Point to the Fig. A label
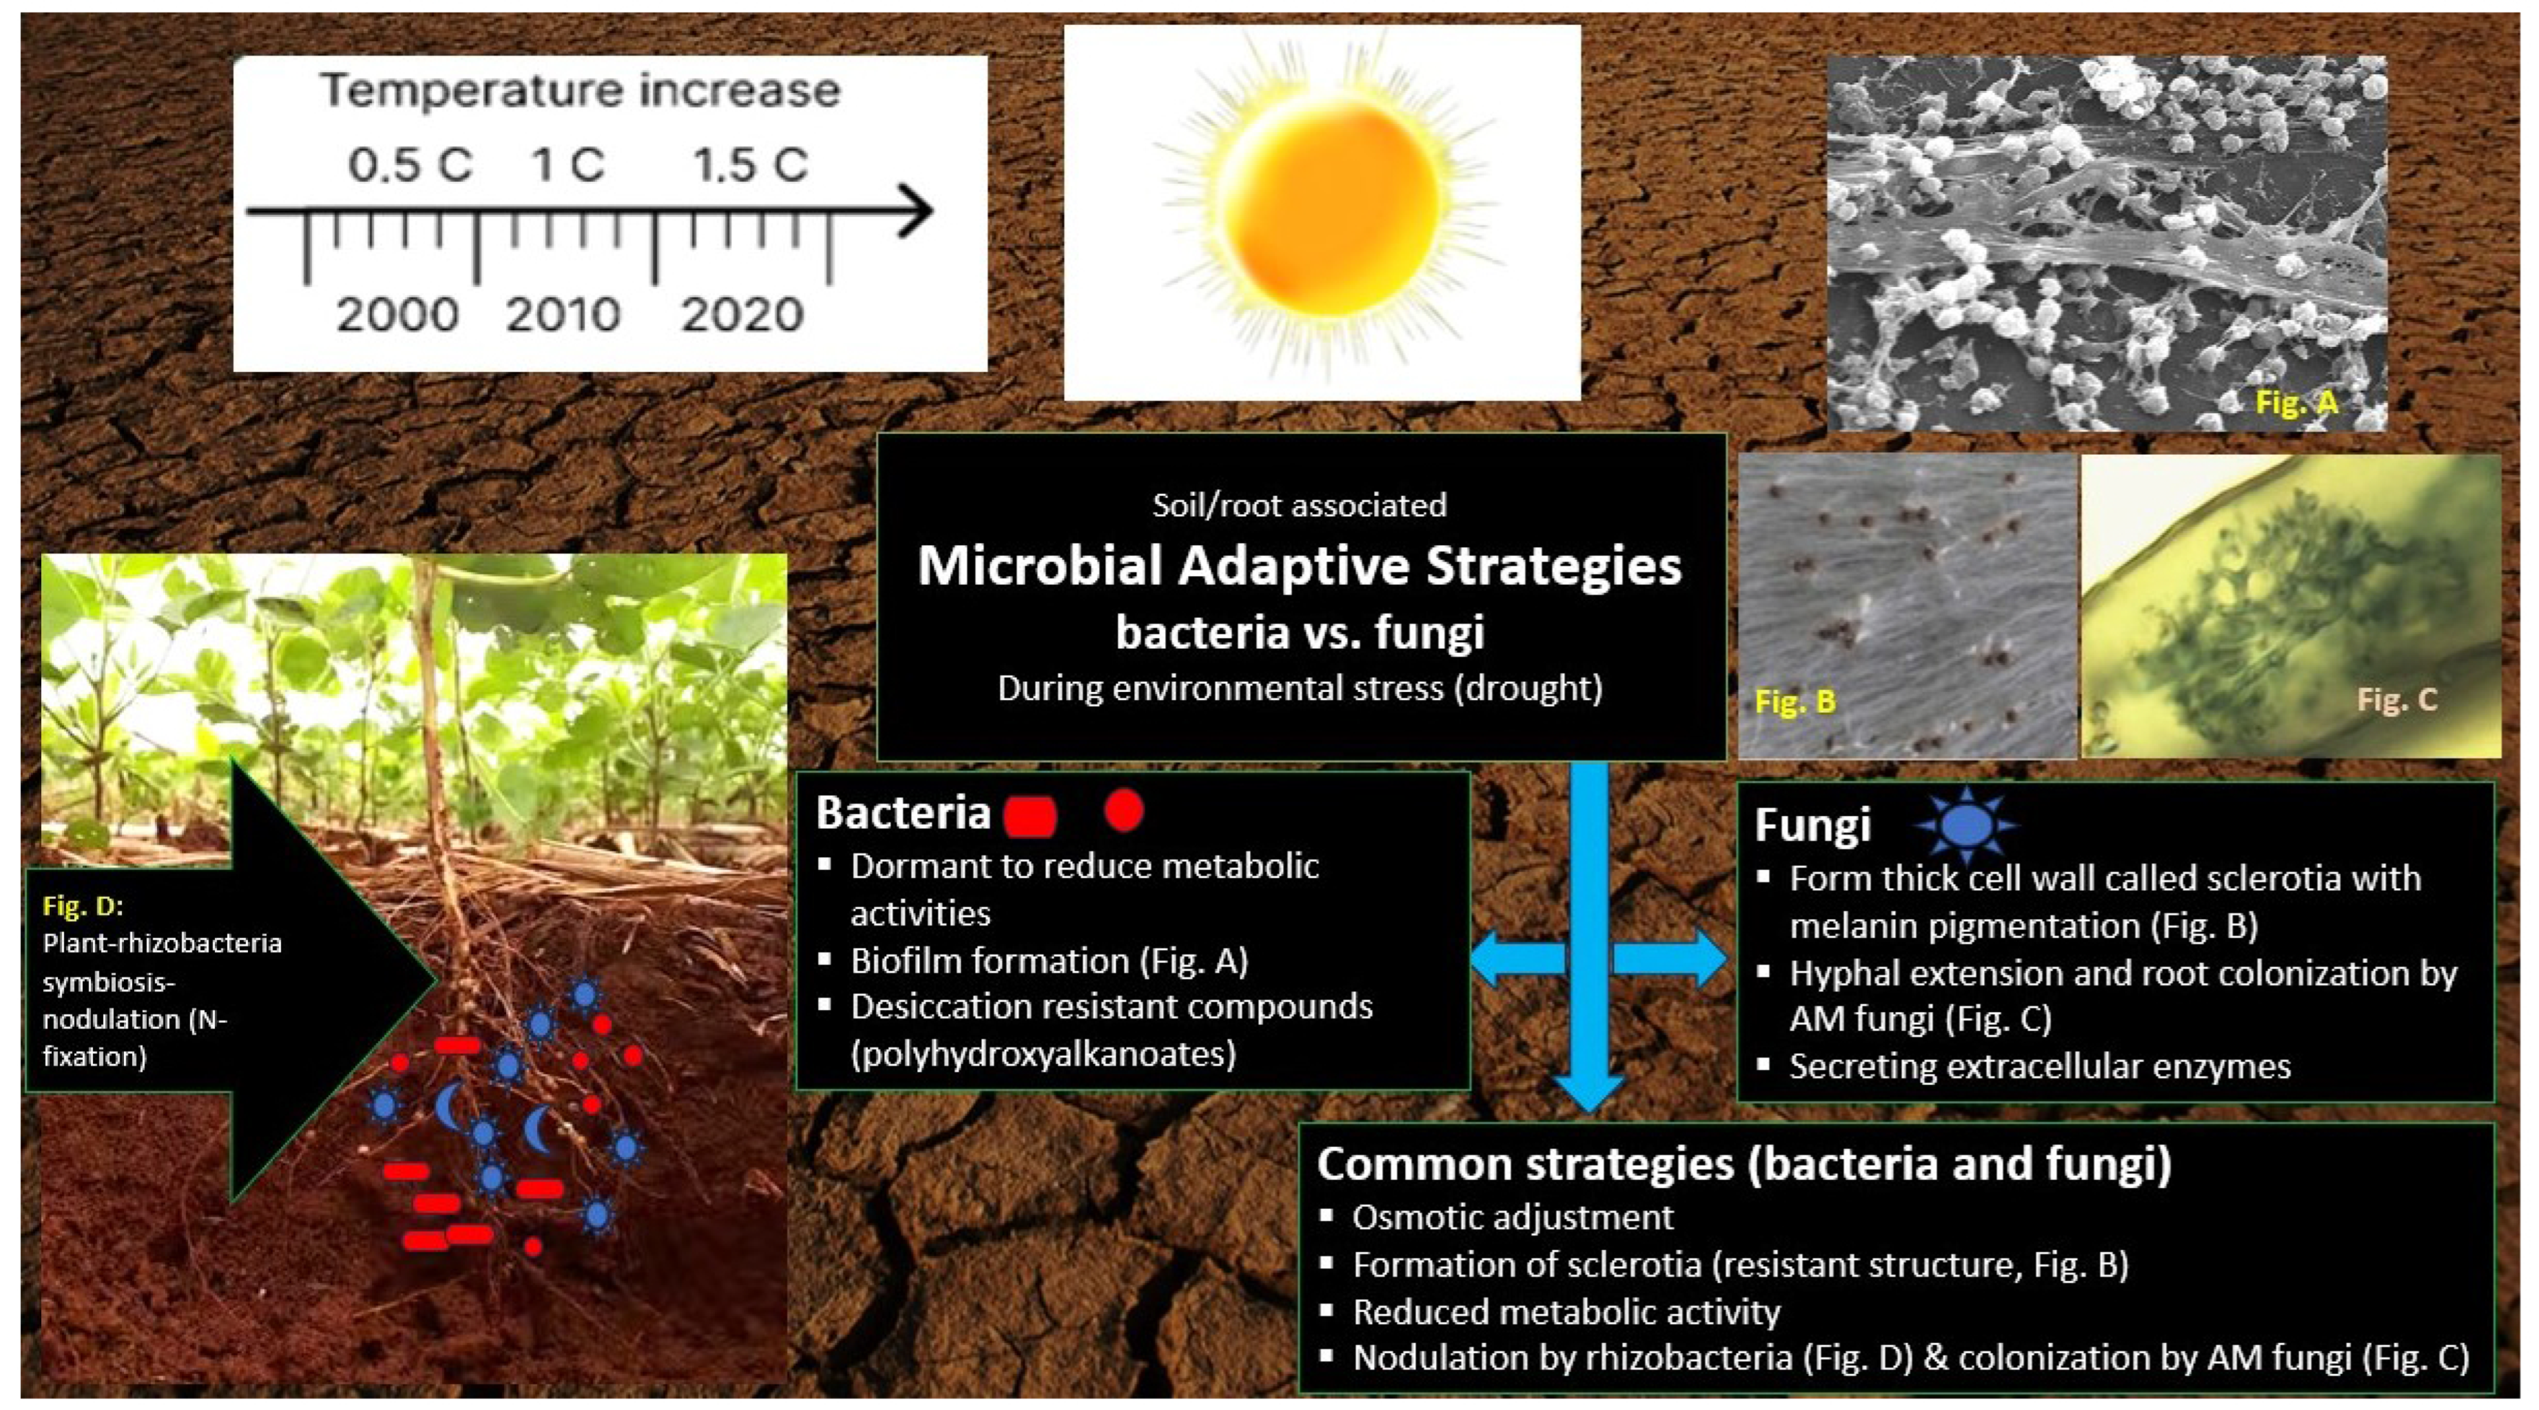click(x=2296, y=402)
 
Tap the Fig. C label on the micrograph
click(x=2396, y=700)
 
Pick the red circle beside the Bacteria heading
click(x=1124, y=811)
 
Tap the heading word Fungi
click(x=1812, y=825)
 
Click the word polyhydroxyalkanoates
click(x=1043, y=1053)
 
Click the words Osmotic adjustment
click(x=1512, y=1217)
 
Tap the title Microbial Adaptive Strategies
click(x=1299, y=566)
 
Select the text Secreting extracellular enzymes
click(x=2039, y=1066)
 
